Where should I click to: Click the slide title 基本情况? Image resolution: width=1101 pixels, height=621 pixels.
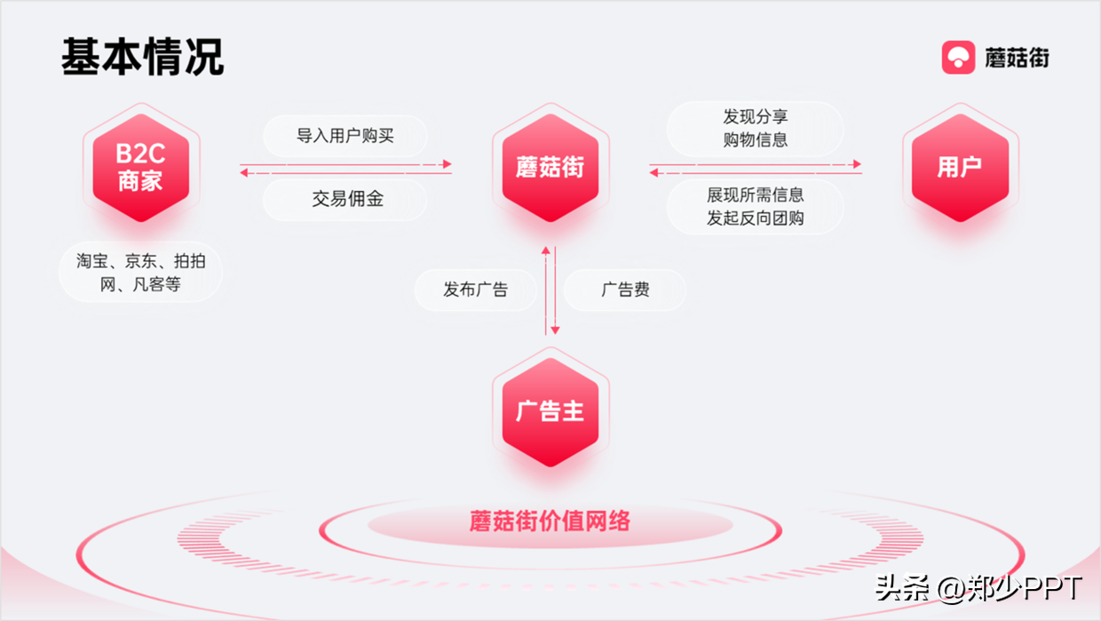[x=142, y=58]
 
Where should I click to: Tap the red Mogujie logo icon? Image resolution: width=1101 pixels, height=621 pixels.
[x=958, y=58]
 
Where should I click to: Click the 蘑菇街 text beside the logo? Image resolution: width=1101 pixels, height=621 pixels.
[x=1017, y=58]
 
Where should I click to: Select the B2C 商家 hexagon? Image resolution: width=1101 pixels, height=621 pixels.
[x=140, y=167]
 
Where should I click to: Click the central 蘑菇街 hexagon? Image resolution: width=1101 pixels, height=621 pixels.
[x=550, y=167]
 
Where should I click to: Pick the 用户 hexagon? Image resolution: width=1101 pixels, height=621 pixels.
[x=960, y=167]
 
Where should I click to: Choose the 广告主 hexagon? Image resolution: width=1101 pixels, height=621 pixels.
[x=550, y=411]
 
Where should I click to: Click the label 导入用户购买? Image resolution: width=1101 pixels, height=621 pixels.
[x=345, y=136]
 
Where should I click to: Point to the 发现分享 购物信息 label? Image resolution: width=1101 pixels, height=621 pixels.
[x=755, y=128]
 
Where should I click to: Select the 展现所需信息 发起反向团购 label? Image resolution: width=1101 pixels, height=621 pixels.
[x=755, y=206]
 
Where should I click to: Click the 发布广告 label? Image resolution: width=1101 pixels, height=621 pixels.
[x=476, y=290]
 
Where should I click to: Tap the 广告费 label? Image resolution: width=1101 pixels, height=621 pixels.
[x=625, y=290]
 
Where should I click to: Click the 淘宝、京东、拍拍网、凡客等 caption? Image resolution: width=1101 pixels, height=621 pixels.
[x=140, y=273]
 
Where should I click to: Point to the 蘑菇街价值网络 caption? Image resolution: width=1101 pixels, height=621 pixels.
[x=550, y=521]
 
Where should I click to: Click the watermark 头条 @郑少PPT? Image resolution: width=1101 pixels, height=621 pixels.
[x=978, y=588]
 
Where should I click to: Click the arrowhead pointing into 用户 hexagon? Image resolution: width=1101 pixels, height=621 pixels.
[x=857, y=164]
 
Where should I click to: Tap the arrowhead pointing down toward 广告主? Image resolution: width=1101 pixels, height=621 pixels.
[x=555, y=330]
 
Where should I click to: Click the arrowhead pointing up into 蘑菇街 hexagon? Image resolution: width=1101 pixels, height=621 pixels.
[x=546, y=252]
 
